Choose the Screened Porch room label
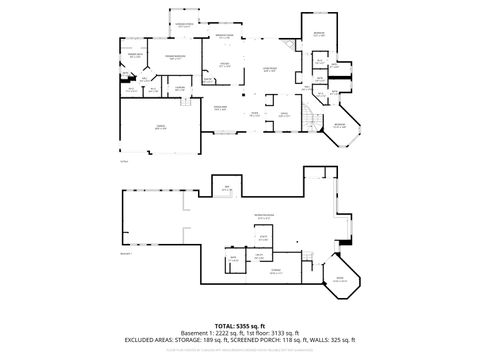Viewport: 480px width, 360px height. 185,25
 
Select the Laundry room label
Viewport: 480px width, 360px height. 180,88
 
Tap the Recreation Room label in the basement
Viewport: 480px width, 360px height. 263,216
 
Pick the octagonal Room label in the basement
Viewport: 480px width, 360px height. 339,279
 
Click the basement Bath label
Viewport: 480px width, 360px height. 234,258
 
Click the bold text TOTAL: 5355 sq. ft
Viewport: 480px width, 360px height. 240,326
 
